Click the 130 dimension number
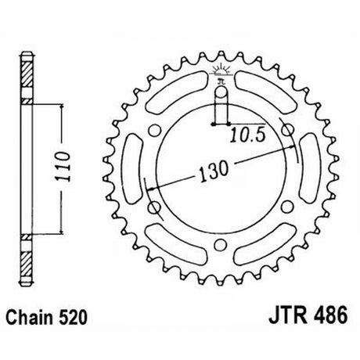click(x=214, y=171)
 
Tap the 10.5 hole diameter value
click(x=247, y=135)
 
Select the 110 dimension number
click(x=63, y=166)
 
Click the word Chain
click(x=29, y=317)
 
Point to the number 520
click(x=73, y=317)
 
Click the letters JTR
click(x=288, y=315)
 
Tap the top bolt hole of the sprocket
click(x=221, y=92)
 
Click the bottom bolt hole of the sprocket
click(x=221, y=245)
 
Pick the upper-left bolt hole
click(x=154, y=130)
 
